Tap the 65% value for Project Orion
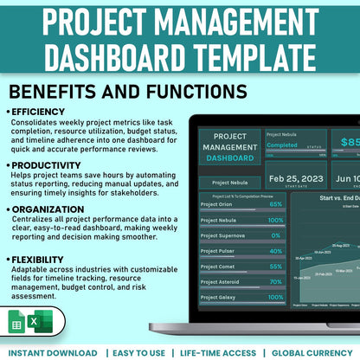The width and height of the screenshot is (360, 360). (276, 204)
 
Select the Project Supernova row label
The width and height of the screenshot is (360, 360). (223, 235)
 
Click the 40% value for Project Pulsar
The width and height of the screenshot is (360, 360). (276, 251)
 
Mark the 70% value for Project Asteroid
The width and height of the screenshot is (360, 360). (276, 282)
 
